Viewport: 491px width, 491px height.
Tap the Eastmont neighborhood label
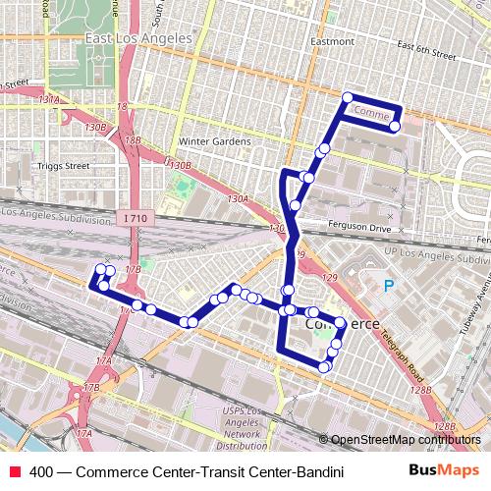pos(331,42)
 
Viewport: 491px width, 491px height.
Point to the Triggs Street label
pos(64,166)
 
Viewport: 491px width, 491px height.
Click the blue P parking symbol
pos(389,286)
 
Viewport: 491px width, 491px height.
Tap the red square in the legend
pos(14,472)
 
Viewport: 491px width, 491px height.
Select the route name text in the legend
pos(187,472)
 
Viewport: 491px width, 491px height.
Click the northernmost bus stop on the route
pos(348,96)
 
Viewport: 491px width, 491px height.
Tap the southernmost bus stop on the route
pos(324,367)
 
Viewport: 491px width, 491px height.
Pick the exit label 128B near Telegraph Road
pos(420,390)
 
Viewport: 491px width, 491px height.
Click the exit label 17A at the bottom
pos(83,433)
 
